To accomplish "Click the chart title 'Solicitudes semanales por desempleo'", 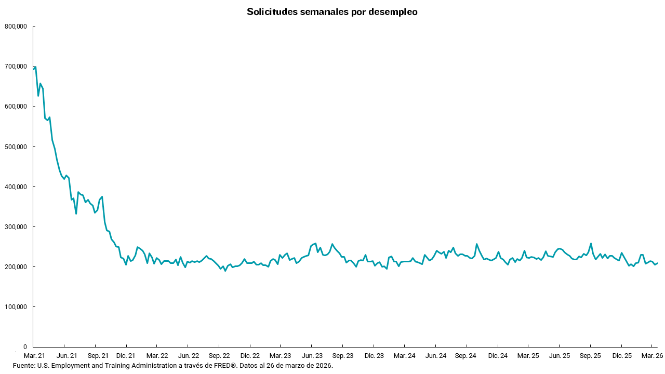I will click(x=332, y=12).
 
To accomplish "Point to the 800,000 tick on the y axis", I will click(x=16, y=26).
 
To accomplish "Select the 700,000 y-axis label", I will click(x=16, y=66).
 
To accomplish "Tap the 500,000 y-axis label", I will click(x=16, y=146).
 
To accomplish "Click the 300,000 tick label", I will click(x=16, y=226).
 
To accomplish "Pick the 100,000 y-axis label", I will click(x=16, y=306).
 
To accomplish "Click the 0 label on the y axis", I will click(x=24, y=346).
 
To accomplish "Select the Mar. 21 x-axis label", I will click(x=34, y=356).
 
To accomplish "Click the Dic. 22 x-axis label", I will click(x=250, y=356).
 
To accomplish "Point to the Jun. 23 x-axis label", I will click(x=312, y=356).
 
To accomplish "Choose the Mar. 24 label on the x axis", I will click(x=404, y=356).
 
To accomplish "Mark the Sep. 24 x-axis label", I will click(x=466, y=356).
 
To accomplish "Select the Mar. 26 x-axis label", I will click(x=651, y=356).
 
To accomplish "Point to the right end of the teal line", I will click(x=658, y=263).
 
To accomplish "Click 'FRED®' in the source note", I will click(x=225, y=366).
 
